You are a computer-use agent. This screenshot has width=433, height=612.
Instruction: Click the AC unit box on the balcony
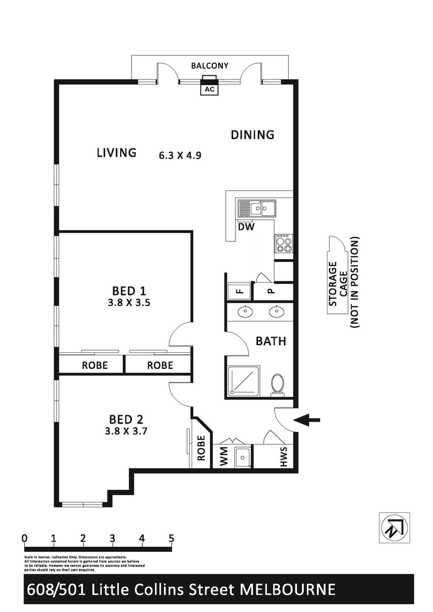pos(209,89)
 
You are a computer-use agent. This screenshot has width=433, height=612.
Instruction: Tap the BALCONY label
pos(210,66)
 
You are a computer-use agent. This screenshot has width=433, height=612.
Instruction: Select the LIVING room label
pos(116,153)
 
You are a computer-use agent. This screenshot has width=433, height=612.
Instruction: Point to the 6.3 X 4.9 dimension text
pos(180,155)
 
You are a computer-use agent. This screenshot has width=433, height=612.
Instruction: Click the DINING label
pos(253,135)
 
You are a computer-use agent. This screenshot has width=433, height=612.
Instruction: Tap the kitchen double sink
pos(257,207)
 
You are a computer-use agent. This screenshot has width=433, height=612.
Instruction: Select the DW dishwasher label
pos(246,227)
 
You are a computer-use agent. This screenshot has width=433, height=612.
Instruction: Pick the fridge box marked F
pos(239,291)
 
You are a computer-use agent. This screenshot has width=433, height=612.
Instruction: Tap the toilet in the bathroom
pos(279,385)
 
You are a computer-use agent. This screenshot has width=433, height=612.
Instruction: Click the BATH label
pos(271,341)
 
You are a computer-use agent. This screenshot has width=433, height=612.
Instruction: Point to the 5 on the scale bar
pos(171,538)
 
